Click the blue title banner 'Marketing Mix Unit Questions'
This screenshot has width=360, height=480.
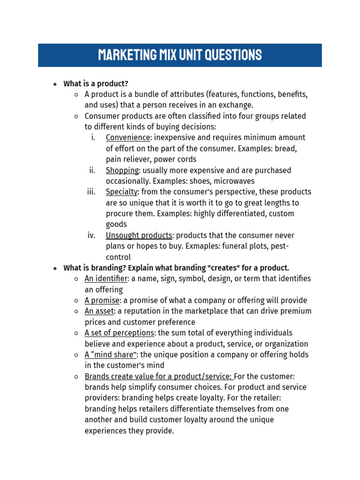tap(180, 55)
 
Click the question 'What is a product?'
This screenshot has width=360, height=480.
tap(96, 83)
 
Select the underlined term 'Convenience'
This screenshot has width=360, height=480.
tap(127, 137)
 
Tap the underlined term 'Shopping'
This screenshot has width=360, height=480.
tap(122, 170)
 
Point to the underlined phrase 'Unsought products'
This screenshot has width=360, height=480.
tap(139, 235)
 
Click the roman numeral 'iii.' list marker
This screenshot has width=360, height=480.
tap(91, 192)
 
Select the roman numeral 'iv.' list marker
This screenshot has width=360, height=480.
tap(91, 235)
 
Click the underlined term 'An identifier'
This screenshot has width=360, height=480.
tap(106, 278)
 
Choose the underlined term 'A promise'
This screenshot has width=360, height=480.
tap(102, 300)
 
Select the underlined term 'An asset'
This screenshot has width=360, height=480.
tap(99, 311)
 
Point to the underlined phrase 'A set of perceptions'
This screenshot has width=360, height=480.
tap(120, 333)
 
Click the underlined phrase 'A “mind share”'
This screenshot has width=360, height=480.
tap(111, 355)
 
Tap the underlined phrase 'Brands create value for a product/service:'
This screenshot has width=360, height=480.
tap(158, 376)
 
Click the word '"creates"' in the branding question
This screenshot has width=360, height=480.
tap(217, 268)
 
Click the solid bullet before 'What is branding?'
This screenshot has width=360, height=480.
tap(55, 268)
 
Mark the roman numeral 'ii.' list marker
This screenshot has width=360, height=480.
tap(92, 170)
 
